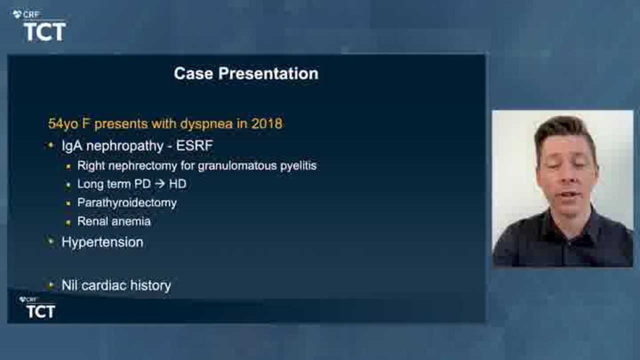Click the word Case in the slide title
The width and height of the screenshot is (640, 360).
193,73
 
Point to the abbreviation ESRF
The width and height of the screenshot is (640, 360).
194,145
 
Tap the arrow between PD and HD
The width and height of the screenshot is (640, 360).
160,183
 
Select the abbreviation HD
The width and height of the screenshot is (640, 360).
177,183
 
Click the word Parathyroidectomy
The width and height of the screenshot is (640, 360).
127,203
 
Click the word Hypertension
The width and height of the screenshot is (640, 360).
102,242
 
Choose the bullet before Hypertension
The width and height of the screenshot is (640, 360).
51,241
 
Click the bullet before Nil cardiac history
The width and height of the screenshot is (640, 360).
51,285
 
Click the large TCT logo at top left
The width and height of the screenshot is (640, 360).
45,32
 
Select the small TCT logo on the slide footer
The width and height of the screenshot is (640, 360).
40,311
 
